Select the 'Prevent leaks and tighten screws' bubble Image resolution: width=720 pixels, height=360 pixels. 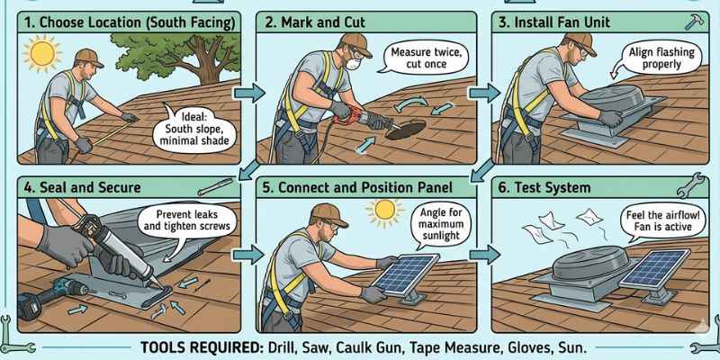184,220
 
